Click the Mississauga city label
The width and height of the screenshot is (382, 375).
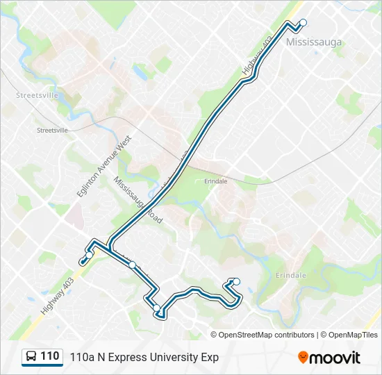[x=314, y=42]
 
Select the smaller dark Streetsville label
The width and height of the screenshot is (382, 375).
[x=52, y=130]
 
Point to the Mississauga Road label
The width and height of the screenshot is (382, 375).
[x=138, y=199]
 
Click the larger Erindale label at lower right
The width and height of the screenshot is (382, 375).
[x=291, y=276]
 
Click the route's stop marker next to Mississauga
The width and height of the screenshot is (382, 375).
[x=303, y=23]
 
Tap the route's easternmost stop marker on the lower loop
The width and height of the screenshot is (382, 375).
[x=237, y=281]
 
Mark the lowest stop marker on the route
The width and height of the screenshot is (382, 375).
[x=157, y=308]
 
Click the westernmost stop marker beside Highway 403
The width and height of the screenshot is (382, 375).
[x=83, y=262]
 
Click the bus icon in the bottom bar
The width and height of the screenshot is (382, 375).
[x=31, y=357]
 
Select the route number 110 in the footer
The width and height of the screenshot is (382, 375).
[x=49, y=356]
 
